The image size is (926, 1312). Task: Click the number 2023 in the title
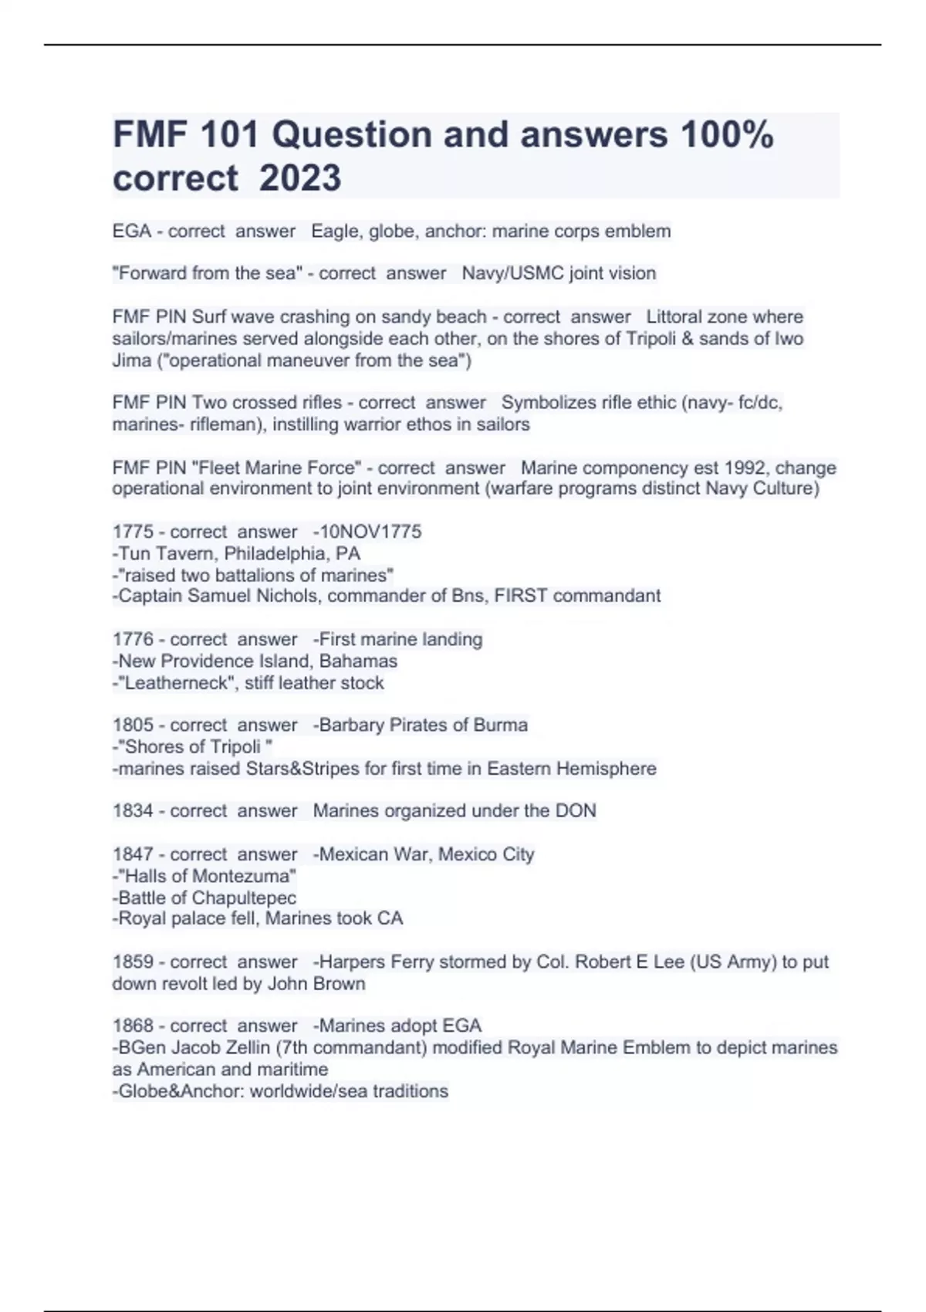tap(300, 178)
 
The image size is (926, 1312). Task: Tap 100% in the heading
tap(726, 135)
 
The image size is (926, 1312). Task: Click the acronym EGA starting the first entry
tap(131, 232)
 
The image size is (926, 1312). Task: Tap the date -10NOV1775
tap(367, 532)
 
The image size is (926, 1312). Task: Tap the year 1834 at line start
tap(132, 811)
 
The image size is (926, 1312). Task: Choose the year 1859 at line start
tap(132, 962)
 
